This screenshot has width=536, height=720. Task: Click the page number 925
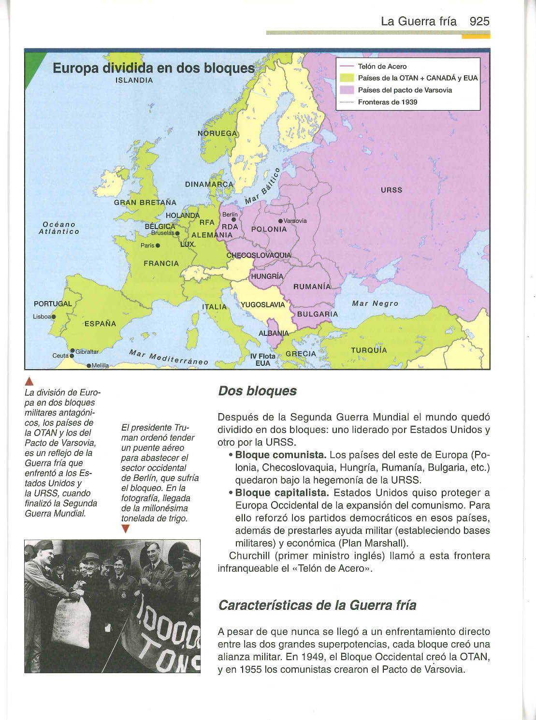tap(479, 21)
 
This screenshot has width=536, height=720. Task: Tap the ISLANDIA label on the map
tap(134, 80)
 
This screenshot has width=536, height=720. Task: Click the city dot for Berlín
tap(233, 220)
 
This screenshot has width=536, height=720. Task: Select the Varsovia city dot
tap(281, 221)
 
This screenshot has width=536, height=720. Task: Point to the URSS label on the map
tap(391, 190)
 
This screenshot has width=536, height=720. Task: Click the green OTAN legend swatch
tap(347, 78)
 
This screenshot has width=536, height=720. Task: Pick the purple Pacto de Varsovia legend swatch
tap(347, 90)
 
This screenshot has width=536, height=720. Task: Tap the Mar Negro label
tap(375, 303)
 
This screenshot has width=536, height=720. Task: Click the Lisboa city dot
tap(54, 317)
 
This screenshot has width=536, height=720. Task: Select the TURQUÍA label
tap(369, 350)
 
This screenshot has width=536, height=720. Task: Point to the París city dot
tap(158, 245)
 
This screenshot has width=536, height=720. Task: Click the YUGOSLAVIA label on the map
tap(263, 305)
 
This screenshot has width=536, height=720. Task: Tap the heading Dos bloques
tap(257, 391)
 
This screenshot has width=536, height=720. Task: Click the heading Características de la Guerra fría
tap(317, 605)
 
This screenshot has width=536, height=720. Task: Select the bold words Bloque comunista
tap(280, 455)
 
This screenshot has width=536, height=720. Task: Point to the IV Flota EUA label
tap(262, 360)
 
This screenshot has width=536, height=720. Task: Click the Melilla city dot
tap(89, 366)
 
